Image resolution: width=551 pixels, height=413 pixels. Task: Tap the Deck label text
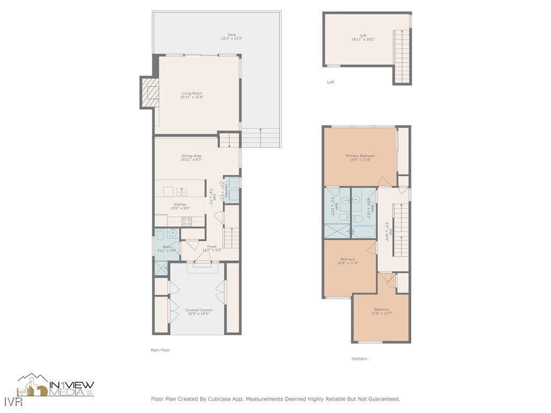[232, 37]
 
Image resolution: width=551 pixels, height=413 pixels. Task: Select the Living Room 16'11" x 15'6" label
[192, 95]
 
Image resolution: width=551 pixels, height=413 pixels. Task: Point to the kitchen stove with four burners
[187, 220]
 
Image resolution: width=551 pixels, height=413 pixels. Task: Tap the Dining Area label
[191, 158]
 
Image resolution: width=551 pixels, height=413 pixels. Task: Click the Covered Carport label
[198, 312]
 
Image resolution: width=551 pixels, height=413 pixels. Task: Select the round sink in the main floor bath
[171, 233]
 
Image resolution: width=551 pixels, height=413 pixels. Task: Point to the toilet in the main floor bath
[160, 233]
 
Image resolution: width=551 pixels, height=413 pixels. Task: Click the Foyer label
[211, 248]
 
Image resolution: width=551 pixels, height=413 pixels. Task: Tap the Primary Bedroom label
[360, 158]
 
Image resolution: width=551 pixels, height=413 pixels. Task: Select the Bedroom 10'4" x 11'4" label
[348, 261]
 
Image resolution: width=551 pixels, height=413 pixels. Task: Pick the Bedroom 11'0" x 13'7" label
[382, 311]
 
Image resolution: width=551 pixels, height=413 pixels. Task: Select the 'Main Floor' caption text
[160, 350]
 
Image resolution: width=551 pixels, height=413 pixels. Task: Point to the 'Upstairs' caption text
[359, 359]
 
